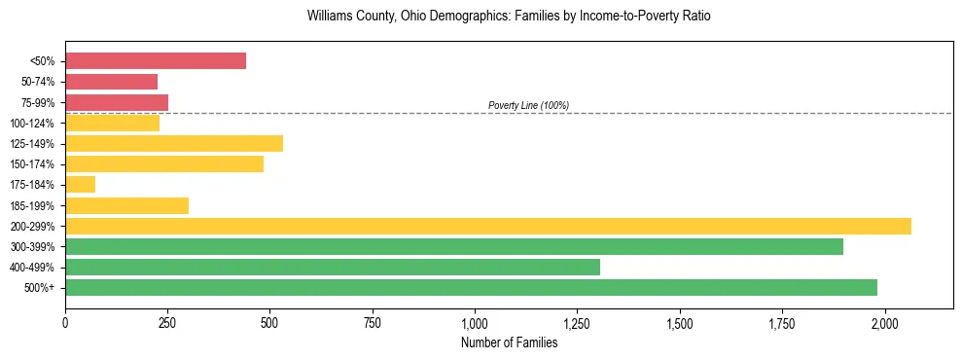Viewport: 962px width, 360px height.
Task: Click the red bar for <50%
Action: tap(156, 61)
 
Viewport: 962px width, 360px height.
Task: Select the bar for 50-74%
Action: tap(111, 82)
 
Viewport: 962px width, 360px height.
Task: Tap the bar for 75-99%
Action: tap(117, 102)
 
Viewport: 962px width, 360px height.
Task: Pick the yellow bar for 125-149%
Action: tap(174, 143)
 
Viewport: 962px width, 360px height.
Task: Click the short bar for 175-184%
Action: tap(81, 184)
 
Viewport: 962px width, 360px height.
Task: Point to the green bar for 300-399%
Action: tap(454, 246)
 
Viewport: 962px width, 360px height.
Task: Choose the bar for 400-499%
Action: tap(333, 267)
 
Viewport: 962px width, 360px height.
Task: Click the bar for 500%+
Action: tap(471, 287)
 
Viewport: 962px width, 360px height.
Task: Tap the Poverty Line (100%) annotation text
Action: tap(528, 105)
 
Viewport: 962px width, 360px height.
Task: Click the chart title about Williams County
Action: tap(502, 17)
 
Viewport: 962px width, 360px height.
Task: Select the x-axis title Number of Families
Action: tap(509, 342)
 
